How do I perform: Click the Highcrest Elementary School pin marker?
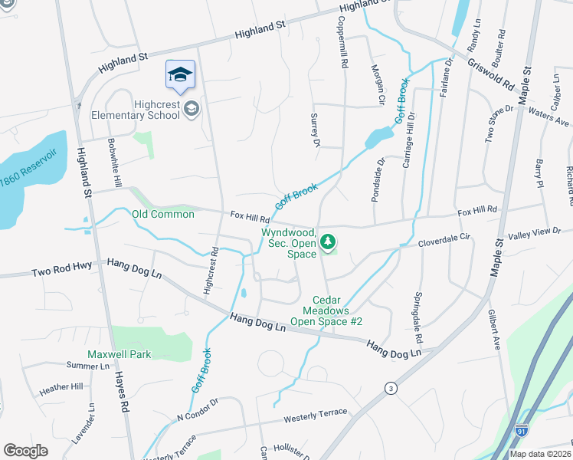(x=180, y=75)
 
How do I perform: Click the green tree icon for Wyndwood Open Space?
(x=328, y=243)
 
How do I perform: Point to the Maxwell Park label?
(x=119, y=354)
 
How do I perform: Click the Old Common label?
(x=162, y=214)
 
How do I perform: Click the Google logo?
(x=25, y=451)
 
